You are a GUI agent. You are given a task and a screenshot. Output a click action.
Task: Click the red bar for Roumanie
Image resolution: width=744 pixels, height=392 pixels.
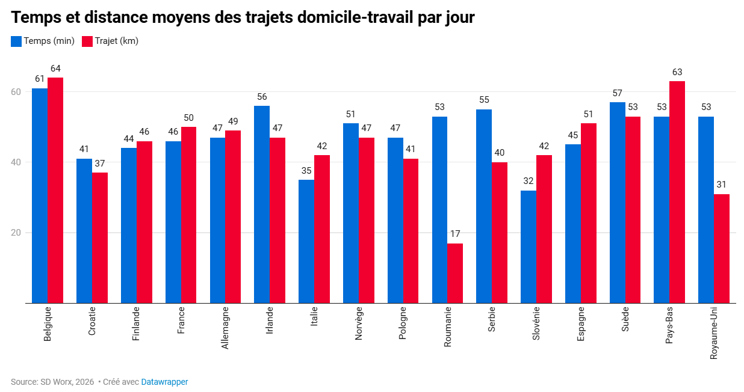(454, 274)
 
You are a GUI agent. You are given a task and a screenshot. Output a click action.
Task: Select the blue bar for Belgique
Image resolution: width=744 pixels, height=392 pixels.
(40, 195)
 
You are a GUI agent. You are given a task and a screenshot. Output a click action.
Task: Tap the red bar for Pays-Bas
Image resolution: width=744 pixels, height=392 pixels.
(677, 192)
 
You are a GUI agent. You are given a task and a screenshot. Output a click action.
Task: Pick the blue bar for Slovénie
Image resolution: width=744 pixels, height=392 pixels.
(529, 247)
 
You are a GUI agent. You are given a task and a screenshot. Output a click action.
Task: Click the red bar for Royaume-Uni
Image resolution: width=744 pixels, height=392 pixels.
(721, 248)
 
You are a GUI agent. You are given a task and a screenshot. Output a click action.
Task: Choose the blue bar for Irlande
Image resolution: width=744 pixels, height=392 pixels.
(262, 204)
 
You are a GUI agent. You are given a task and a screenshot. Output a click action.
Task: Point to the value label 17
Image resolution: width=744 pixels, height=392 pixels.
(455, 234)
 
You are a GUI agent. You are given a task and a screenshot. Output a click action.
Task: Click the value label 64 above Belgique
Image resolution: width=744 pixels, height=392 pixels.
(55, 69)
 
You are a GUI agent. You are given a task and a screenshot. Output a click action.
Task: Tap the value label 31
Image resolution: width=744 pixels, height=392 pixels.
(721, 185)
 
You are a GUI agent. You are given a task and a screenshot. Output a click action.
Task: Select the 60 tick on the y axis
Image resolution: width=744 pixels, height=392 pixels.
(16, 92)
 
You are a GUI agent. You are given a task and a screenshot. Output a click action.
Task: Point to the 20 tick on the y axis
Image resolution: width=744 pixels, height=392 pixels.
(16, 233)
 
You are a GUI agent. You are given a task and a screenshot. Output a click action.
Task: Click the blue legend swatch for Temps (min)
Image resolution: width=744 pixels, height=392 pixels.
(16, 41)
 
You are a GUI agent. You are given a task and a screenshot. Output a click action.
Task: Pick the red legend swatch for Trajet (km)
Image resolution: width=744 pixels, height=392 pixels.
(87, 41)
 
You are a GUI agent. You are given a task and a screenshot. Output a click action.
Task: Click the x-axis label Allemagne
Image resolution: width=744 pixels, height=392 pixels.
(225, 328)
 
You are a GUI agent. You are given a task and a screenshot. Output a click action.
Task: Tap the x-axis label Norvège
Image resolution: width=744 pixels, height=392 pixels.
(358, 323)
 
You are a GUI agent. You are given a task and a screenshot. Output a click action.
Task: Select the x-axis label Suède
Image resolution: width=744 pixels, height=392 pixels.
(625, 319)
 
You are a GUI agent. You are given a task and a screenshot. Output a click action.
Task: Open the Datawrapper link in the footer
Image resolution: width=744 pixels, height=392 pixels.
(164, 382)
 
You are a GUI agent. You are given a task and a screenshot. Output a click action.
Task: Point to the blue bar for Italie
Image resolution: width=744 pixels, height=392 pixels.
(306, 242)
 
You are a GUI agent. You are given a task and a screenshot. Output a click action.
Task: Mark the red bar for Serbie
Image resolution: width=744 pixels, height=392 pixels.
(500, 233)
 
